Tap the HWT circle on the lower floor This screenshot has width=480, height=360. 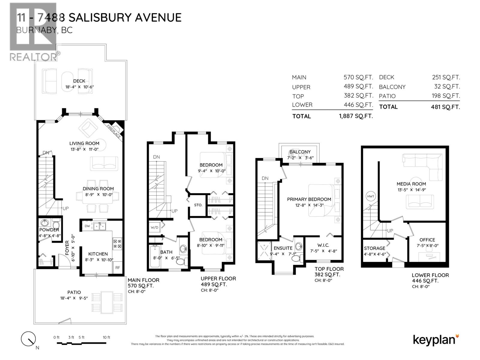pyautogui.click(x=371, y=196)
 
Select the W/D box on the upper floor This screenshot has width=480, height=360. pyautogui.click(x=154, y=227)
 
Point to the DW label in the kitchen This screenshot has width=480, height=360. pyautogui.click(x=87, y=226)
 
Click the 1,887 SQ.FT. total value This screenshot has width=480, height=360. pyautogui.click(x=356, y=116)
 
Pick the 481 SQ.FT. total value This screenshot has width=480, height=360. pyautogui.click(x=445, y=107)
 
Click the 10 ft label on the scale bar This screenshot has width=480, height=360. pyautogui.click(x=106, y=337)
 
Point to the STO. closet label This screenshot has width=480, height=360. pyautogui.click(x=198, y=205)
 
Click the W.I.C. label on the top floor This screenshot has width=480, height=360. pyautogui.click(x=323, y=245)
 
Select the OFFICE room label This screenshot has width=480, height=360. pyautogui.click(x=427, y=240)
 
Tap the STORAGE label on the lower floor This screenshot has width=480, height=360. pyautogui.click(x=374, y=248)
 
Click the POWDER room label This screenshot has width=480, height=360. pyautogui.click(x=49, y=230)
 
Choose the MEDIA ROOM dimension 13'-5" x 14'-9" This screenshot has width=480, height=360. pyautogui.click(x=411, y=190)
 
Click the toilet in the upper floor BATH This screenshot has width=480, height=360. pyautogui.click(x=181, y=262)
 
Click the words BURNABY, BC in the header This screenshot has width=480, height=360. pyautogui.click(x=44, y=30)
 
